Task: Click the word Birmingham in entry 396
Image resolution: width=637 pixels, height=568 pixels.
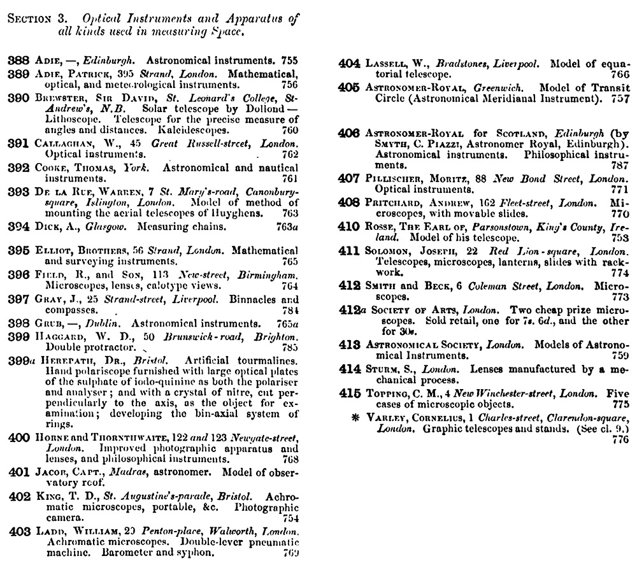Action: (271, 274)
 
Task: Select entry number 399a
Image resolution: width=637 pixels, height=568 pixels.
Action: (21, 360)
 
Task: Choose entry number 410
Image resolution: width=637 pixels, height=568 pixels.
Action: (349, 227)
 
